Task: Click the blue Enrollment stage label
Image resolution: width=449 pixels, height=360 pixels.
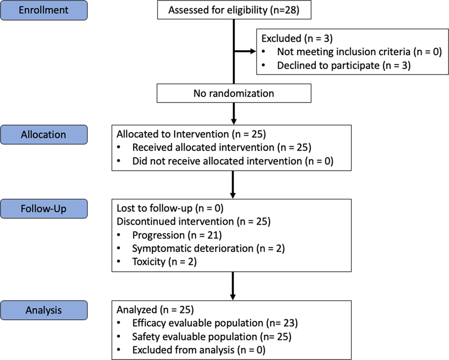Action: coord(44,11)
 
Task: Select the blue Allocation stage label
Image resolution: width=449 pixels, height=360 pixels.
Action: coord(44,135)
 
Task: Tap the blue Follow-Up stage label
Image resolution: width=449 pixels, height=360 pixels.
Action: coord(44,208)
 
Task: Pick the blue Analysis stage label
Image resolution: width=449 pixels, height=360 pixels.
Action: coord(44,310)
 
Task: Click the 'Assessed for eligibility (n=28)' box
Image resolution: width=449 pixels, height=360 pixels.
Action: coord(232,11)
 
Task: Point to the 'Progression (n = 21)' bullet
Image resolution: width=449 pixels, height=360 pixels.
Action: coord(177,235)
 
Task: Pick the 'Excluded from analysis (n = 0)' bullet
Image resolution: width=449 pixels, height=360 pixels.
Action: coord(198,349)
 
